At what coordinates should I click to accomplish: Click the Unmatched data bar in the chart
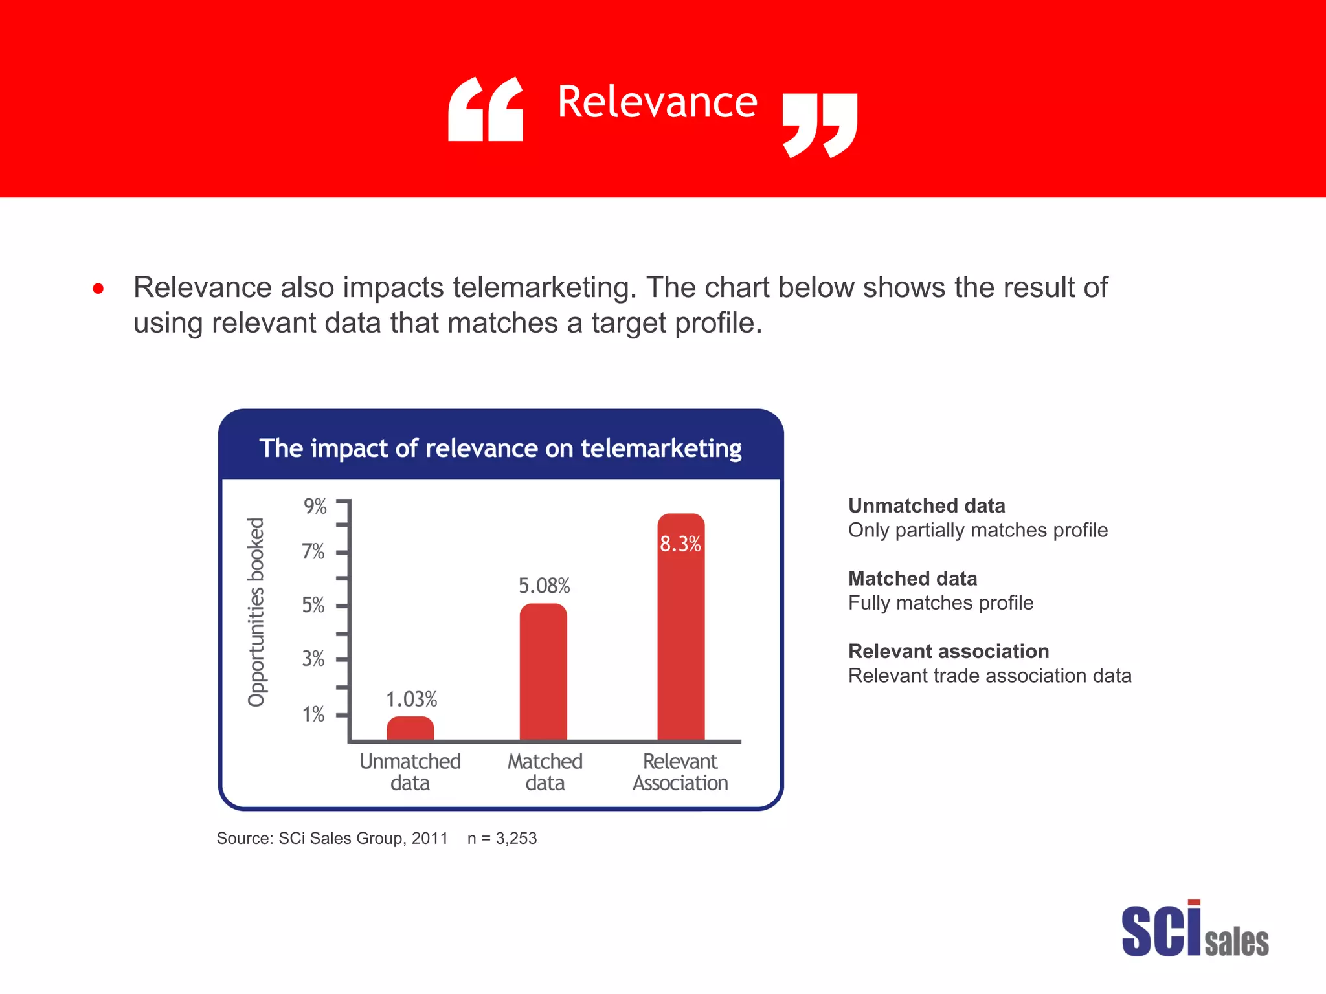click(410, 729)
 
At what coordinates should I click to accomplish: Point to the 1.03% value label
click(412, 700)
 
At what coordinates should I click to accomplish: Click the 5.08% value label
click(544, 586)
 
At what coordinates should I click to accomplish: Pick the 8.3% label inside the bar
click(680, 544)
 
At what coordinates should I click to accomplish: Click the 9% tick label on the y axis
click(315, 506)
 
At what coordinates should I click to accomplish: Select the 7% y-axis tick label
click(313, 551)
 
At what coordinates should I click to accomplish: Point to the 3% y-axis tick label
click(313, 659)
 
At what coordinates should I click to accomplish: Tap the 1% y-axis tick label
click(313, 714)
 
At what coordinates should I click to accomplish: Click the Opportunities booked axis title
click(257, 612)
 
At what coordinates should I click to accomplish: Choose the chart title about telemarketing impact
click(500, 448)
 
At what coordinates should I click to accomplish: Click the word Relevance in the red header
click(657, 102)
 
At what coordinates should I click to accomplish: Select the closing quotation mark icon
click(820, 125)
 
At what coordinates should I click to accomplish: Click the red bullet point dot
click(98, 289)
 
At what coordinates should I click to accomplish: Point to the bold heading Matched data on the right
click(912, 579)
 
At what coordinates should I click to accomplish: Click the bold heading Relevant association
click(949, 651)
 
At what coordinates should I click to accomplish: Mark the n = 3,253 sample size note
click(502, 839)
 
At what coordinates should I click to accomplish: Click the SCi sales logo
click(1195, 929)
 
